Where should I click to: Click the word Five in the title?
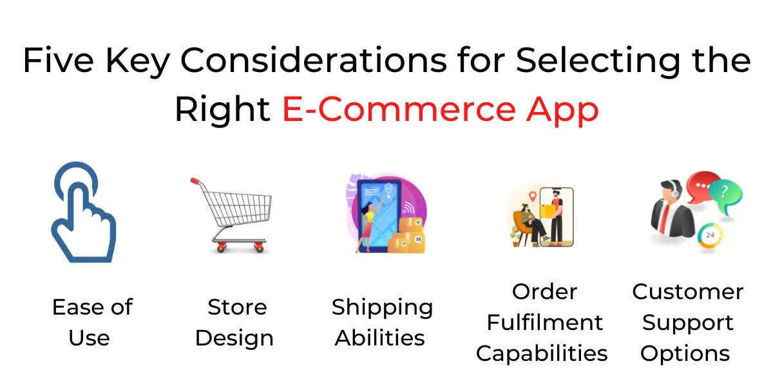click(x=59, y=60)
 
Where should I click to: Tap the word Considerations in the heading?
click(x=314, y=60)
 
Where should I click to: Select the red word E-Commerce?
click(x=399, y=109)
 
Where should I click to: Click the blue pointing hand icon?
click(x=84, y=212)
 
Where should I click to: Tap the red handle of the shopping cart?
click(x=195, y=181)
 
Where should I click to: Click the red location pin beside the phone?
click(x=533, y=196)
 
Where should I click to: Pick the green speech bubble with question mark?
click(x=727, y=196)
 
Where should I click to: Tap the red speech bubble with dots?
click(x=702, y=187)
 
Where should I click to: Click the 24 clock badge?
click(x=710, y=235)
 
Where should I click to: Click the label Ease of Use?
click(x=92, y=322)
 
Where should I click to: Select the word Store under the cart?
click(x=237, y=307)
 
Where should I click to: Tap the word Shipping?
click(x=382, y=308)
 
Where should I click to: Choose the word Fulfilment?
click(x=544, y=322)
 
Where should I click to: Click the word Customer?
click(x=687, y=292)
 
